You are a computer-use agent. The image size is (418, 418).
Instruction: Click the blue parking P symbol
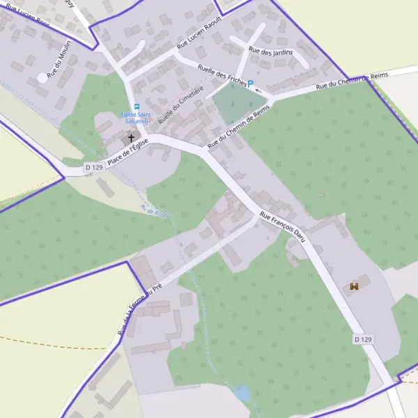coord(250,83)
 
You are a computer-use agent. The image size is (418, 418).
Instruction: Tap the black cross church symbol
coord(130,138)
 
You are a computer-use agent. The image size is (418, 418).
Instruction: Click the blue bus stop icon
coord(137,107)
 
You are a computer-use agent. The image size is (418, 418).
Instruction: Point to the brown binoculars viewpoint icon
coord(354,286)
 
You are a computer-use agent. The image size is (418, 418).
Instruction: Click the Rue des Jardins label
coord(271,52)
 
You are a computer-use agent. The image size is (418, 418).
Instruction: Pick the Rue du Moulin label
coord(55,64)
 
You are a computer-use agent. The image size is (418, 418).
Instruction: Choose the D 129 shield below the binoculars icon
coord(363,339)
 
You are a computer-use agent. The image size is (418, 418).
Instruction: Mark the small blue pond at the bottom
coord(242,394)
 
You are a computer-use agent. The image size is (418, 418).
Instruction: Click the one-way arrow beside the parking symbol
coord(259,90)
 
